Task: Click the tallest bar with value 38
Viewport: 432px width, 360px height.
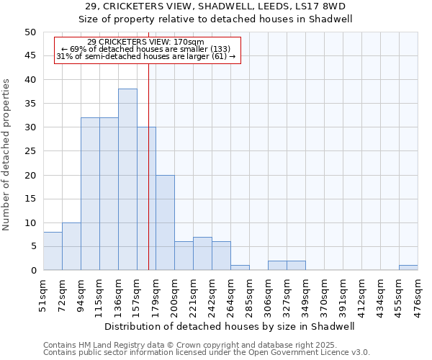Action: [x=127, y=179]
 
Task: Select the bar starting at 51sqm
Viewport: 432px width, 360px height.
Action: [x=53, y=251]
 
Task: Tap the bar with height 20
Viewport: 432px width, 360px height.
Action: [x=165, y=222]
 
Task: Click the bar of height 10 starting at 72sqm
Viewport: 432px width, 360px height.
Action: [x=71, y=246]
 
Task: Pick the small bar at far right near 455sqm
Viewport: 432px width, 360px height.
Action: [x=408, y=268]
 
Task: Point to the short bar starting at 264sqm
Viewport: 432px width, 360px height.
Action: [x=240, y=268]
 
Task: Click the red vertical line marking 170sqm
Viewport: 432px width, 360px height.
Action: [x=148, y=180]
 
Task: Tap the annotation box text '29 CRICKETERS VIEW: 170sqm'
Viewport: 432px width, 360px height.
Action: [x=145, y=42]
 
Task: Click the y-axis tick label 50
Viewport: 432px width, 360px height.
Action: [x=30, y=32]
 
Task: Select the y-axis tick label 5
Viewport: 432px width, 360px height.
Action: [x=33, y=247]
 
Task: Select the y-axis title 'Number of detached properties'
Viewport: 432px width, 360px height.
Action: [x=7, y=156]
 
